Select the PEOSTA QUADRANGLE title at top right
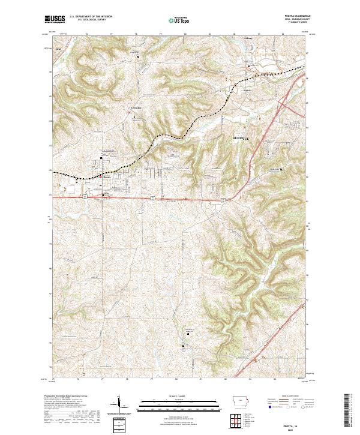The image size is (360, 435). click(293, 17)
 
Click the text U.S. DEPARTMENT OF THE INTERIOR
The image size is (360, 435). click(91, 17)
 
